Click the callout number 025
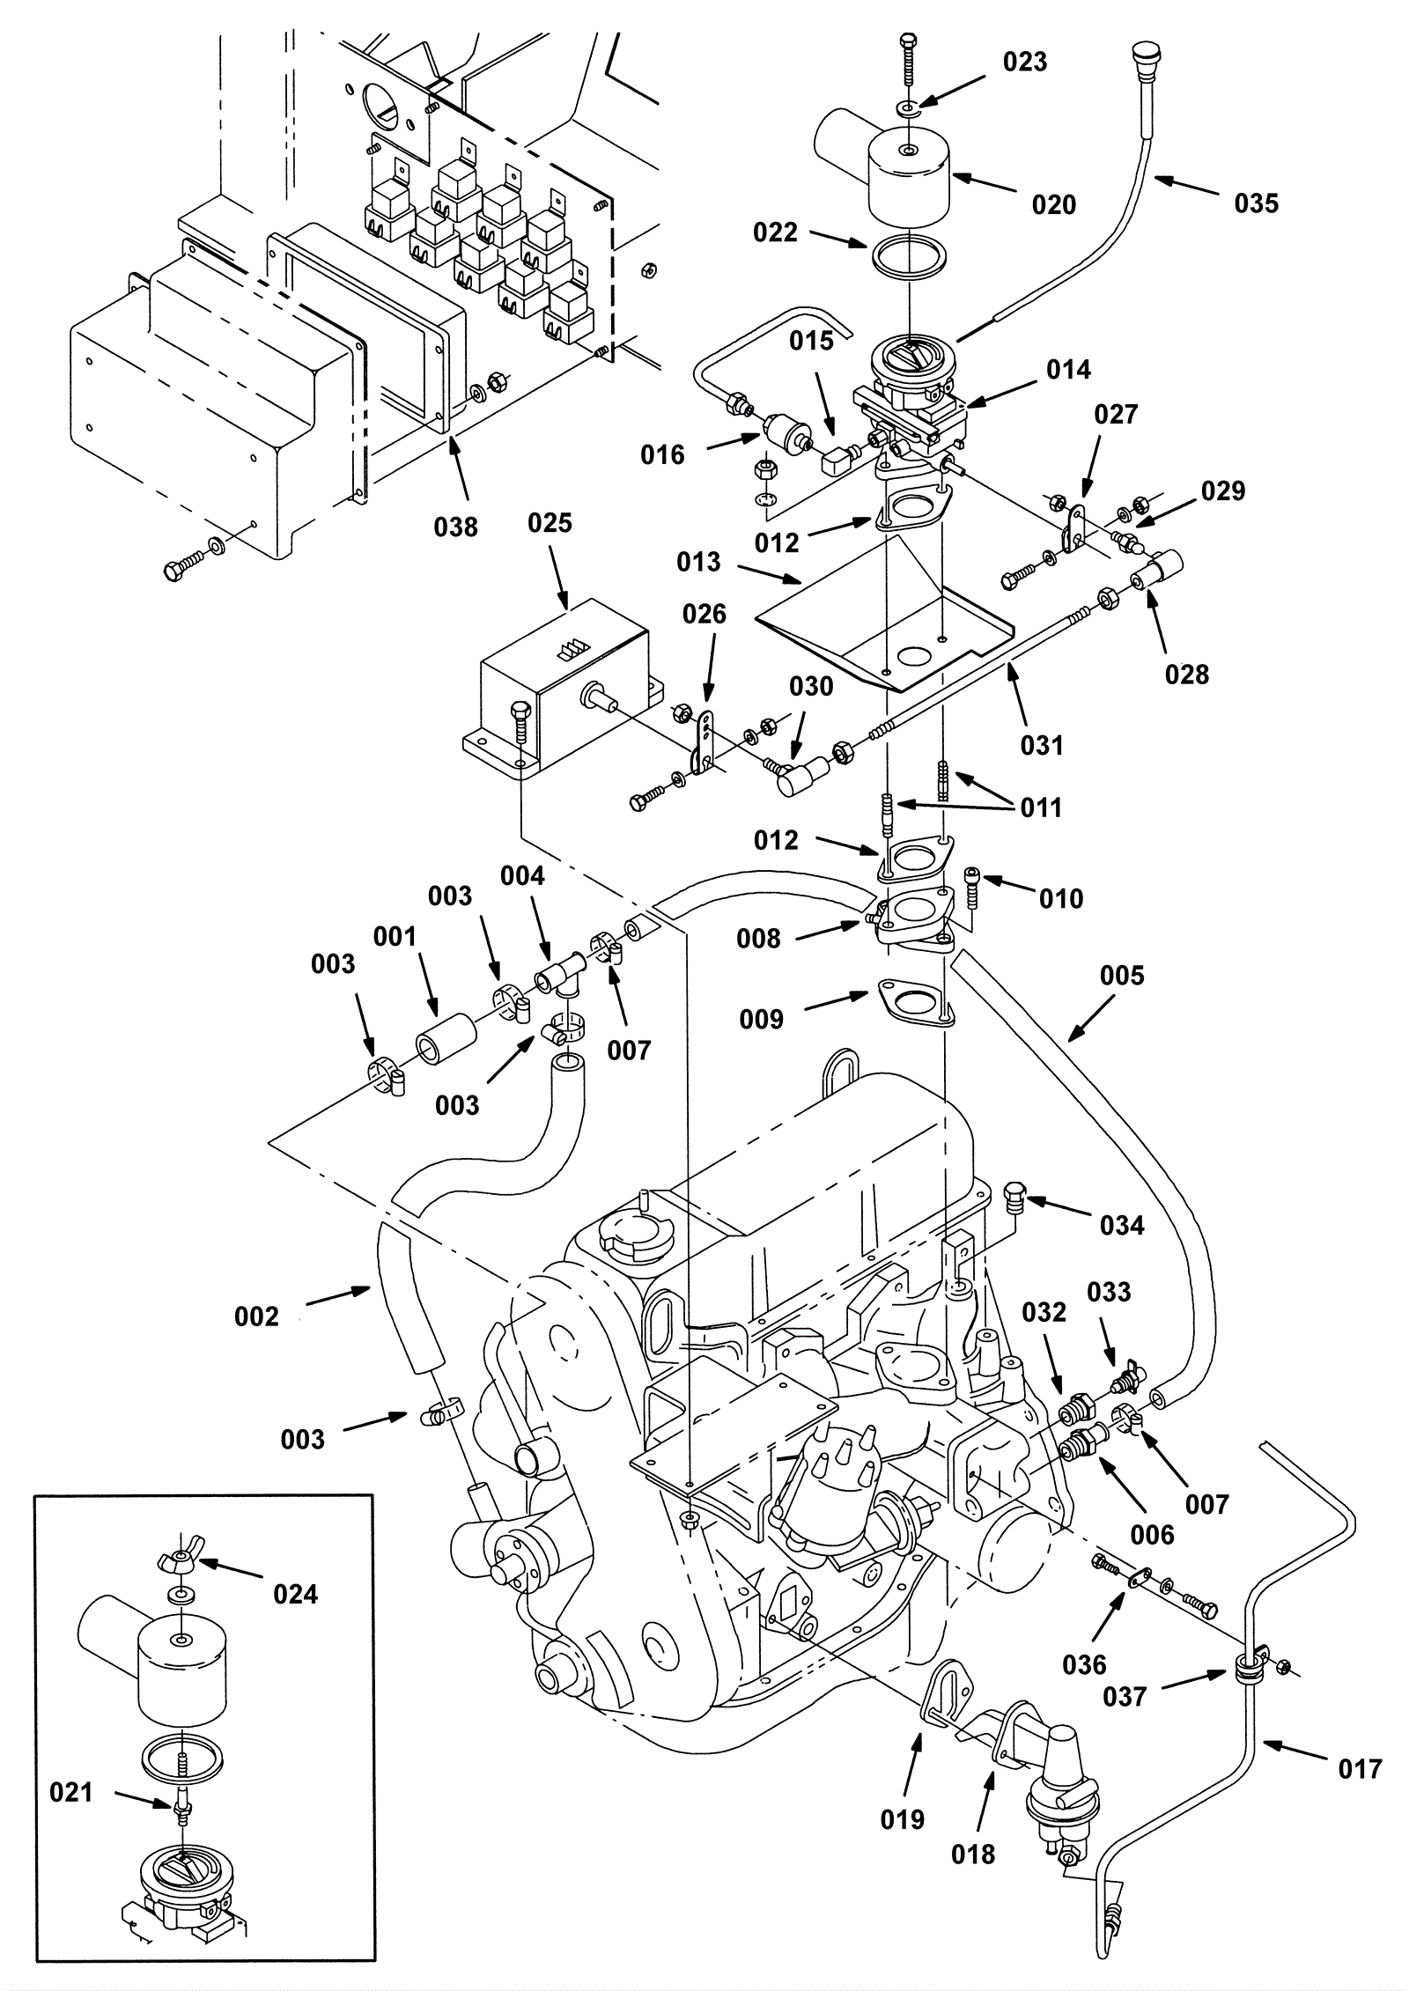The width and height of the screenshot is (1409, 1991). point(550,523)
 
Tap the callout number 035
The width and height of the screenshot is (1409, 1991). point(1256,203)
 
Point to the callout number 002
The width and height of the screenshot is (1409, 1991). point(256,1316)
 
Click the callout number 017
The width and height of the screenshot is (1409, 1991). point(1360,1768)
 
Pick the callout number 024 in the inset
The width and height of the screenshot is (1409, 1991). point(296,1594)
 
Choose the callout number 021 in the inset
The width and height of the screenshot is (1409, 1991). point(71,1792)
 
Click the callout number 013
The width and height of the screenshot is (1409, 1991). point(699,562)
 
